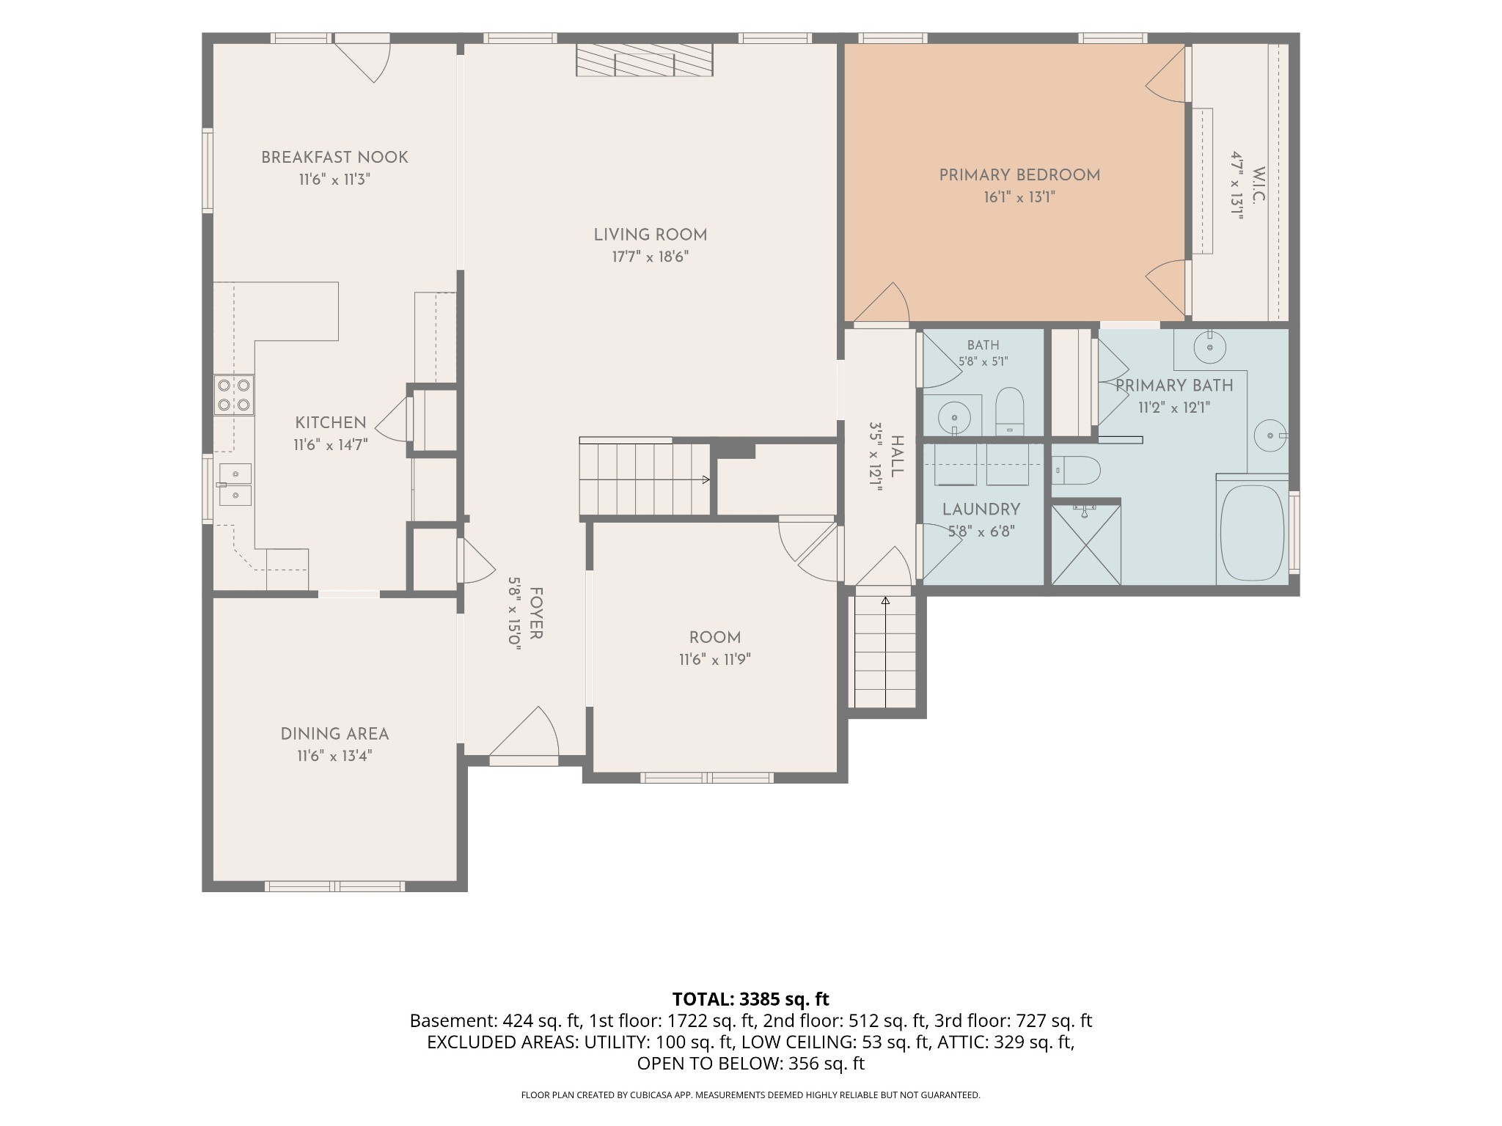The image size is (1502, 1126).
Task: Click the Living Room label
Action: [651, 235]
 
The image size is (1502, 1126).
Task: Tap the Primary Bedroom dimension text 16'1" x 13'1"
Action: [1019, 197]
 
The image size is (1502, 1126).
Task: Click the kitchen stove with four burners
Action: [235, 395]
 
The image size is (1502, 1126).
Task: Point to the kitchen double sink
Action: [235, 485]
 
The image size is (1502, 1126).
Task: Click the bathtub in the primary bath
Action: [1252, 529]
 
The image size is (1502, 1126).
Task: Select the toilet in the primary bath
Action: [1076, 471]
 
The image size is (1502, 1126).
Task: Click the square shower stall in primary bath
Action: [1086, 543]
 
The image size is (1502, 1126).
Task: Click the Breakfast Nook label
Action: [334, 158]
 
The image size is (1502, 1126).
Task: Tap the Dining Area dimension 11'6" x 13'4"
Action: [334, 757]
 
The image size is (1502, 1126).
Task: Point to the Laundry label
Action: [981, 509]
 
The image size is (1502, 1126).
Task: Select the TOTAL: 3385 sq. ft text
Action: [751, 999]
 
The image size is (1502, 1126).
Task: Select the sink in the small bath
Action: [954, 417]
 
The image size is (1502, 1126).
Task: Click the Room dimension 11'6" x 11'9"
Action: [715, 660]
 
